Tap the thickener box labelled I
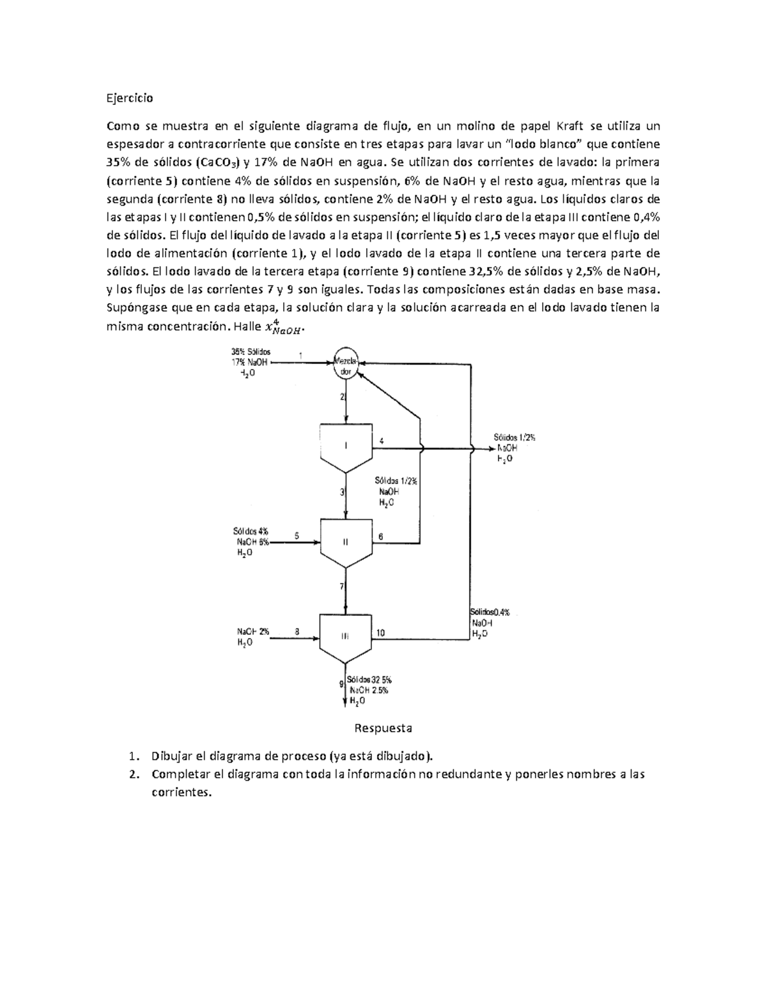click(x=346, y=446)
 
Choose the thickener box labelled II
click(x=346, y=542)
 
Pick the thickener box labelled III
click(x=345, y=636)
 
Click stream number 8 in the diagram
click(x=297, y=631)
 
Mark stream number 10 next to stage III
click(x=380, y=633)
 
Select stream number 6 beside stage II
click(x=381, y=536)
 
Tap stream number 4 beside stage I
click(x=382, y=441)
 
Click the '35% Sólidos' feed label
click(x=251, y=351)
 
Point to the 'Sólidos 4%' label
click(x=251, y=531)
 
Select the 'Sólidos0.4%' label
click(x=490, y=612)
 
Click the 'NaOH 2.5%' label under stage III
click(x=369, y=690)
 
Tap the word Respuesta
click(x=383, y=728)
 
